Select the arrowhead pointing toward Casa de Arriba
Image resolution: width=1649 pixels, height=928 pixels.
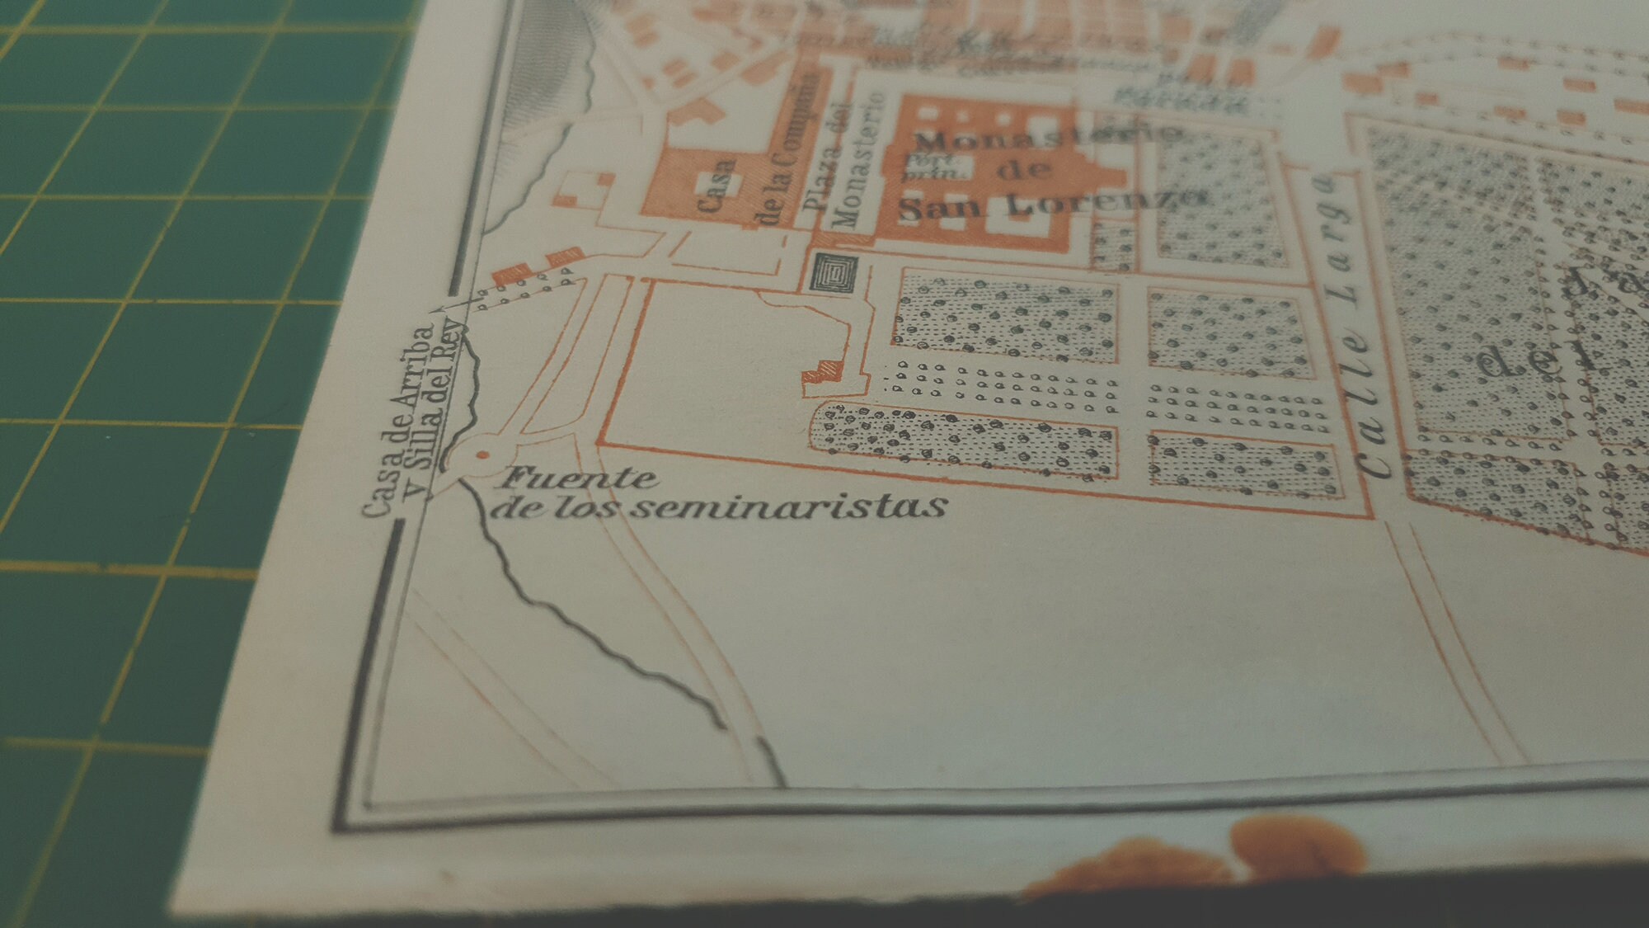pos(439,309)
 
